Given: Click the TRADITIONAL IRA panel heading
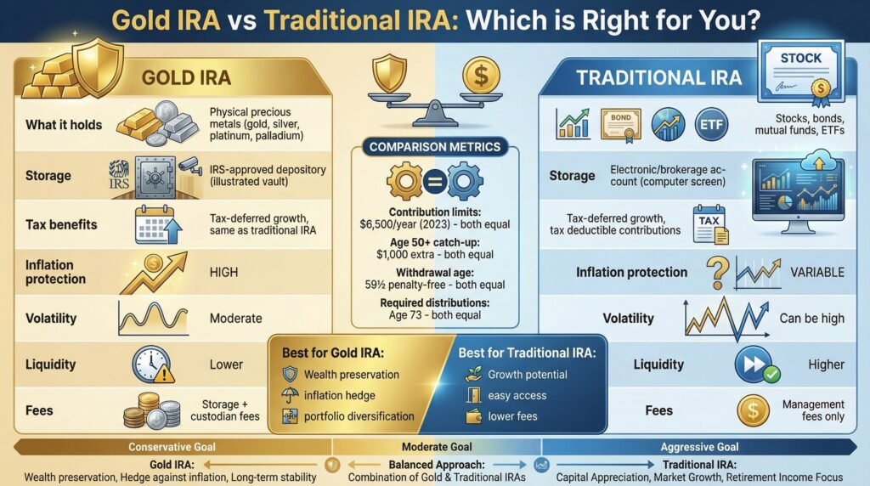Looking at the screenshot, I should [658, 77].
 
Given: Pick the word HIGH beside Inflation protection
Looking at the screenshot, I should [224, 272].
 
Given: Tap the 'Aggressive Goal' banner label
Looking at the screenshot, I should [702, 447].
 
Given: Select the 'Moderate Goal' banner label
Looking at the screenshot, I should [434, 447].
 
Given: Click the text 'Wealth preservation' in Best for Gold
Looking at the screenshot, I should [351, 374].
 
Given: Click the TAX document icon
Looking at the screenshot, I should [707, 223].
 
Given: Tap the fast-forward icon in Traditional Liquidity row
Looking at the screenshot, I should [753, 364].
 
